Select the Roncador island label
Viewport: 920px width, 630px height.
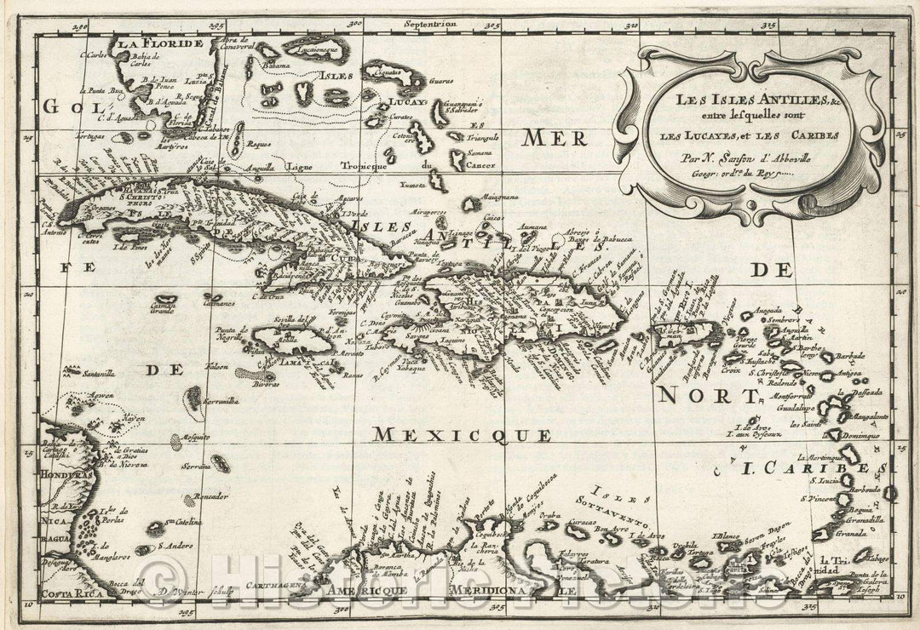[210, 495]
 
